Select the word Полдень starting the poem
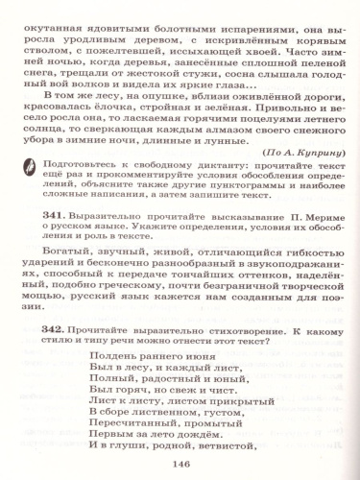click(109, 358)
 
